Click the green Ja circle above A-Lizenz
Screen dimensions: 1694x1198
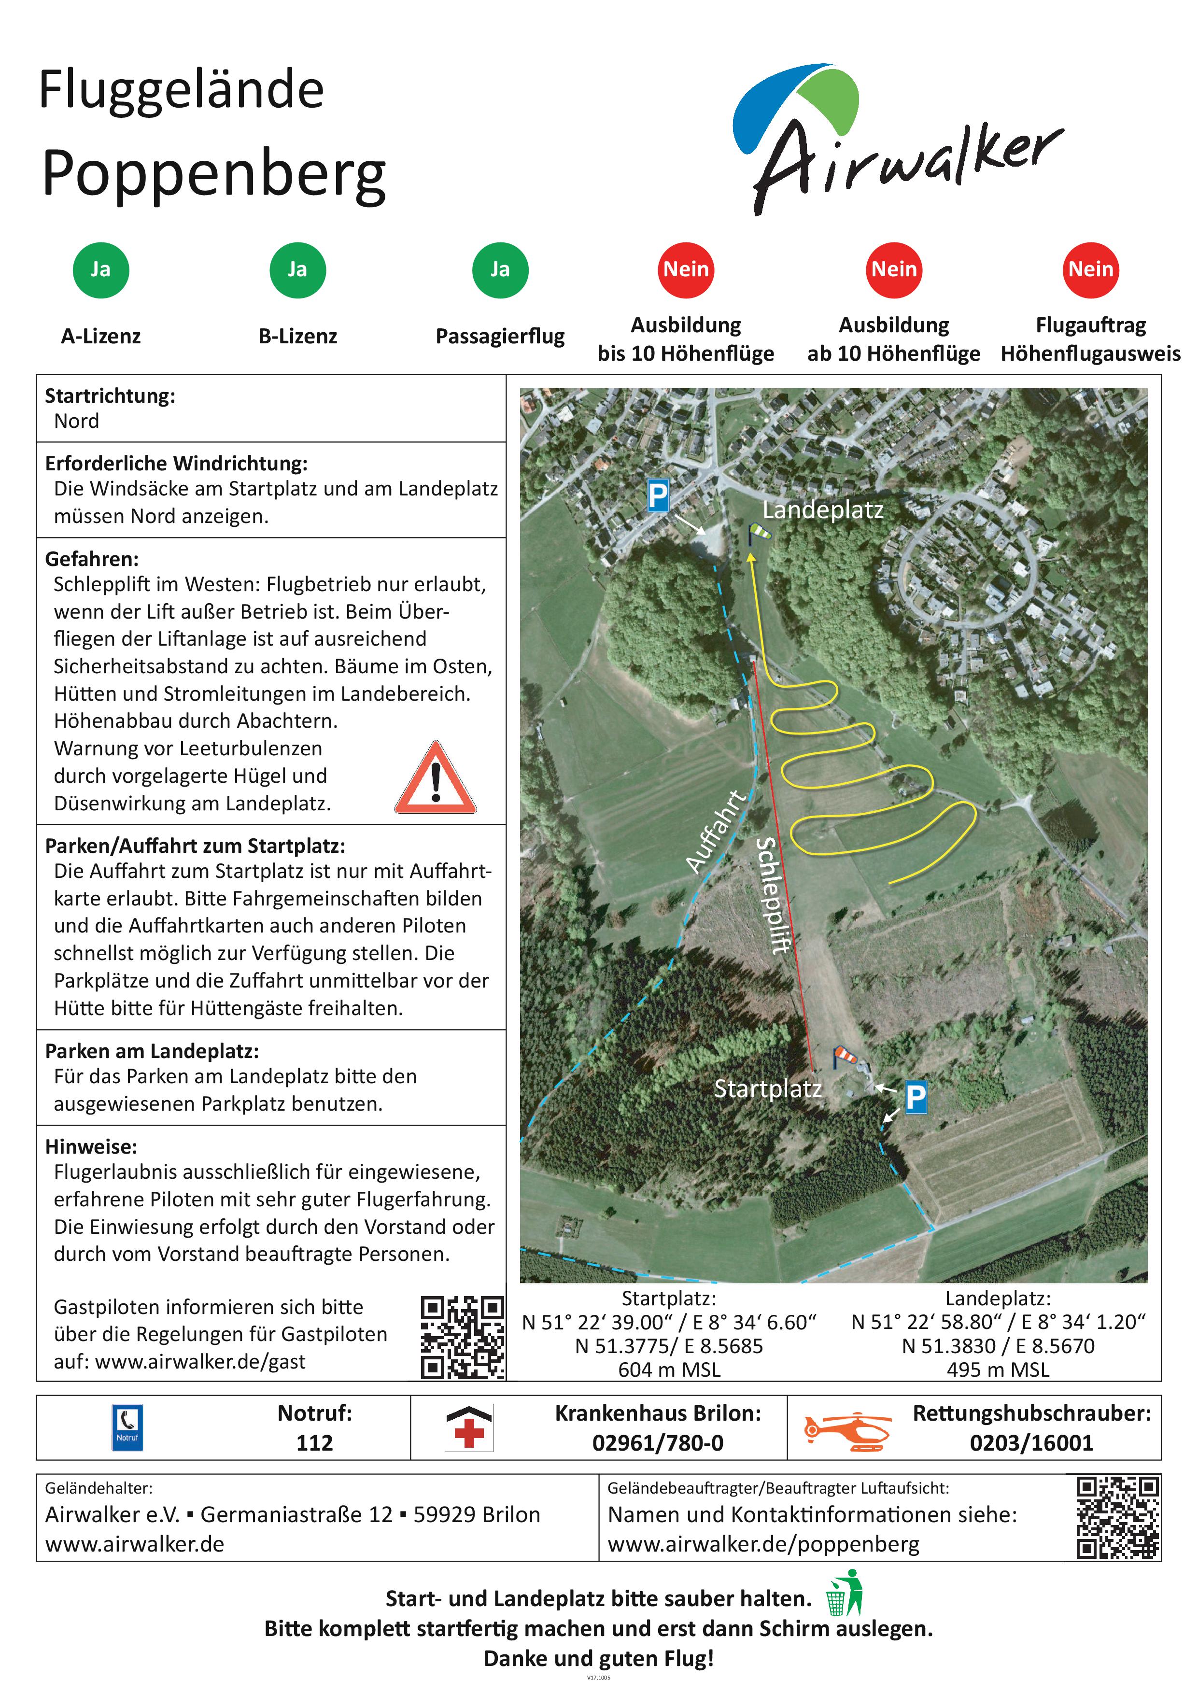tap(101, 270)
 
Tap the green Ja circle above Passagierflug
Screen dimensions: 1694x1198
tap(500, 270)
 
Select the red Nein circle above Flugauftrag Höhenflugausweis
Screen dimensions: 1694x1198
tap(1090, 270)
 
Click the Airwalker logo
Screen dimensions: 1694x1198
tap(896, 140)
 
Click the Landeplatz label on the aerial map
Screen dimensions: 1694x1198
tap(822, 510)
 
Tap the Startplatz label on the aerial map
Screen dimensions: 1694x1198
tap(767, 1089)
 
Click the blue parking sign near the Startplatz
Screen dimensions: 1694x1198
tap(916, 1097)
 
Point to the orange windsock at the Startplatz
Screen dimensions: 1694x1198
tap(846, 1057)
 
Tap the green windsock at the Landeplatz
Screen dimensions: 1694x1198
tap(760, 531)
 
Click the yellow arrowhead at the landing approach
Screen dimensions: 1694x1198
tap(752, 559)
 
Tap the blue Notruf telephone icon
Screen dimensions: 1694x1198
tap(127, 1427)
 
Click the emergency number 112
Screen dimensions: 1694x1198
tap(314, 1442)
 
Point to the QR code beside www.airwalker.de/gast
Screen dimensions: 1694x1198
tap(463, 1338)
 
